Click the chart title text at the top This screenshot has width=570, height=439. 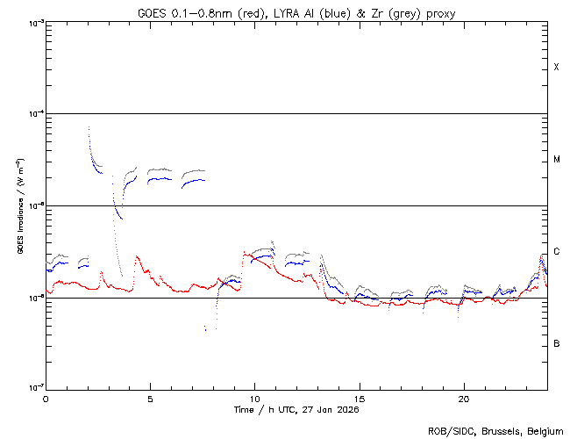coord(296,12)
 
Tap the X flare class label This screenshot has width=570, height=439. coord(556,68)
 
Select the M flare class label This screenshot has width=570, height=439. coord(556,160)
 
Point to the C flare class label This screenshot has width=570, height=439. coord(556,252)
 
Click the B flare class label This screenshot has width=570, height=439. coord(556,343)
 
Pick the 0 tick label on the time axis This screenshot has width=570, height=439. coord(46,398)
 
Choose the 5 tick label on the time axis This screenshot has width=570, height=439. coord(150,398)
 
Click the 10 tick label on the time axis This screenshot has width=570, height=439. coord(254,398)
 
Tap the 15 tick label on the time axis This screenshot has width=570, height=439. coord(359,398)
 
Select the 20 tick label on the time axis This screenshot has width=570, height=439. coord(463,398)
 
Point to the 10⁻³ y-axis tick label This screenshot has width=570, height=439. coord(34,23)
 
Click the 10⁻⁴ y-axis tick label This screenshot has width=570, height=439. coord(34,114)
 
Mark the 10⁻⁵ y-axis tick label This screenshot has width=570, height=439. coord(34,206)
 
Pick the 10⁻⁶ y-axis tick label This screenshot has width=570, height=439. coord(34,298)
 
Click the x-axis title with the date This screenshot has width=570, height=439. coord(296,409)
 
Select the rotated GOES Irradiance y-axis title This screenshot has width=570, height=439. coord(19,205)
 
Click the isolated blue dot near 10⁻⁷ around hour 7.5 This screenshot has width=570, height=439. coord(204,329)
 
